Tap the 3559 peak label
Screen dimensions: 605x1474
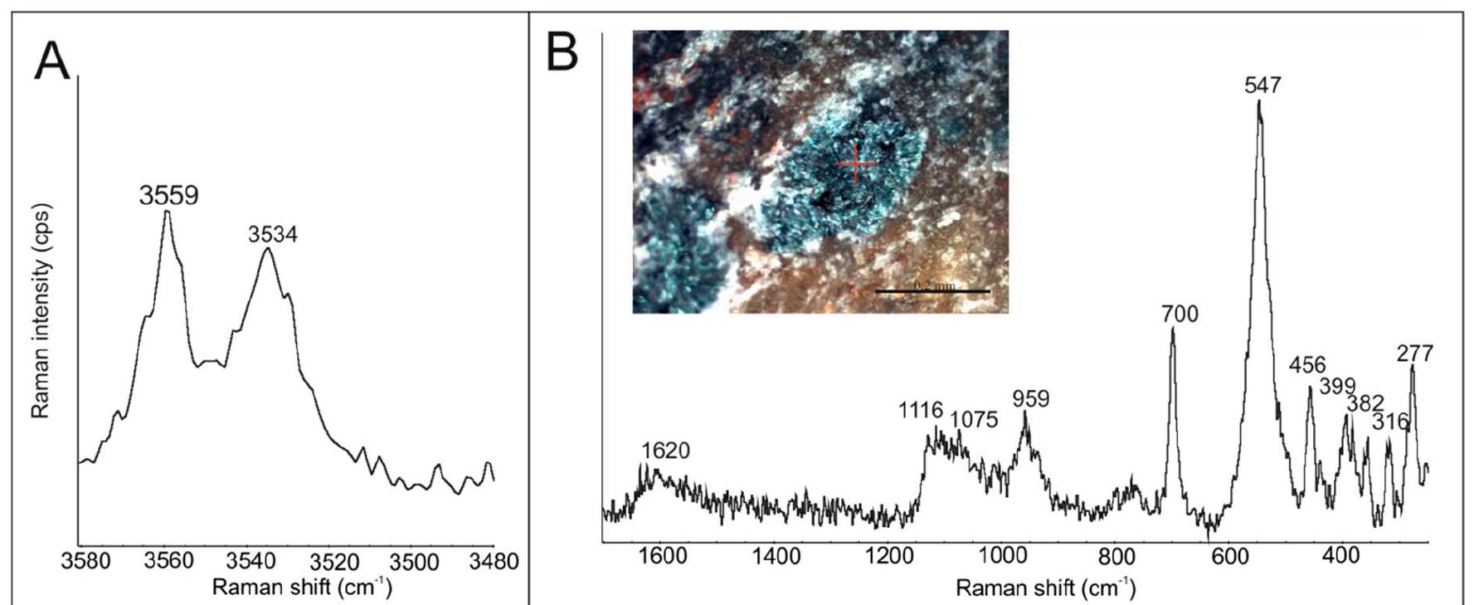click(x=168, y=196)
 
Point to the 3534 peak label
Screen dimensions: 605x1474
click(x=272, y=235)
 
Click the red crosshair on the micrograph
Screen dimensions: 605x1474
click(x=855, y=163)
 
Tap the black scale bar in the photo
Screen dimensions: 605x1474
click(x=932, y=291)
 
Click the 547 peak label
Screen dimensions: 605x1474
click(x=1262, y=85)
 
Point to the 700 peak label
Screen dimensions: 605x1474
click(x=1180, y=314)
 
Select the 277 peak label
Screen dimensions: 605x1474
click(x=1414, y=354)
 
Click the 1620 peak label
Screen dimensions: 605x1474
click(x=665, y=451)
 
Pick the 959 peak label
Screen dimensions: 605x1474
click(x=1030, y=399)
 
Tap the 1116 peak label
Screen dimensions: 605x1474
click(x=920, y=409)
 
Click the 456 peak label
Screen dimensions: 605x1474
click(x=1307, y=365)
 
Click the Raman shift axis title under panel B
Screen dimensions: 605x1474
click(x=1045, y=588)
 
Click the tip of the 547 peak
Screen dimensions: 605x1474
click(x=1258, y=101)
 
